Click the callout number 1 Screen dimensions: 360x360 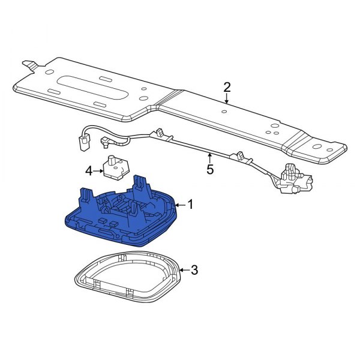click(190, 205)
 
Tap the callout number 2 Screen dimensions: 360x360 click(227, 87)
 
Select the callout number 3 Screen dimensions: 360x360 click(193, 270)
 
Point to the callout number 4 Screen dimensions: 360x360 click(89, 171)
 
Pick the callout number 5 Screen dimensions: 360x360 click(210, 169)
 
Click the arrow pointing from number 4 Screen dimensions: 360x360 click(98, 171)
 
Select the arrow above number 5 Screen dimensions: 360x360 click(210, 157)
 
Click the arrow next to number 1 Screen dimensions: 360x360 click(180, 205)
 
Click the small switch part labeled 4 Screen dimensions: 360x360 click(112, 167)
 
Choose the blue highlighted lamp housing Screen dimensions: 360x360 click(120, 219)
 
